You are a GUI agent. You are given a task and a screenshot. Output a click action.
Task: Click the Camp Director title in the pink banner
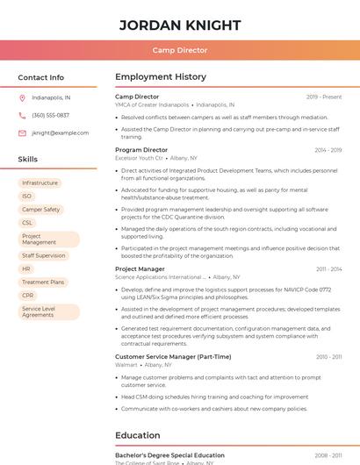[180, 50]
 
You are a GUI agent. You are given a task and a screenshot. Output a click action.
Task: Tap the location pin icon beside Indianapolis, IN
[22, 98]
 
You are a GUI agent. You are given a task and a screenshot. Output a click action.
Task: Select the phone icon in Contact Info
[22, 115]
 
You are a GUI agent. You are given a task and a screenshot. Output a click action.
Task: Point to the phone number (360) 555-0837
[50, 115]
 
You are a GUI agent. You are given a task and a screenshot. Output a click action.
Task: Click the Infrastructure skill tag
[40, 182]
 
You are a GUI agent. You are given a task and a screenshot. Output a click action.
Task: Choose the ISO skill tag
[27, 196]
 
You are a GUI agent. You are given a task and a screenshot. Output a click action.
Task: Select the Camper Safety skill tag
[41, 210]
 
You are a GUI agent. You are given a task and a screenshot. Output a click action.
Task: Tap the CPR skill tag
[28, 296]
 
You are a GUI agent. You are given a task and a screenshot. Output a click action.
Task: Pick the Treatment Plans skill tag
[43, 283]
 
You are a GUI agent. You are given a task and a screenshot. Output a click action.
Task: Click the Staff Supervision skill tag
[44, 255]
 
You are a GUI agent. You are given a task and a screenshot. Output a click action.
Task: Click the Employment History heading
[161, 77]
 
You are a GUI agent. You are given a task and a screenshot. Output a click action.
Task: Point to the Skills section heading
[28, 160]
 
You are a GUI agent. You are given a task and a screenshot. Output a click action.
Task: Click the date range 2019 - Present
[324, 97]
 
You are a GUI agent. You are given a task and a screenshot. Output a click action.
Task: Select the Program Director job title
[141, 150]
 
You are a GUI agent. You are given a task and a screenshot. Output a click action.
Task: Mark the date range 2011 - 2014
[328, 268]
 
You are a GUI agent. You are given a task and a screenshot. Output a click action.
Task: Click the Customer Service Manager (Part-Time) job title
[173, 357]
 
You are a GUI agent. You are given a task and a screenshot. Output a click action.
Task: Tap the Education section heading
[138, 435]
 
